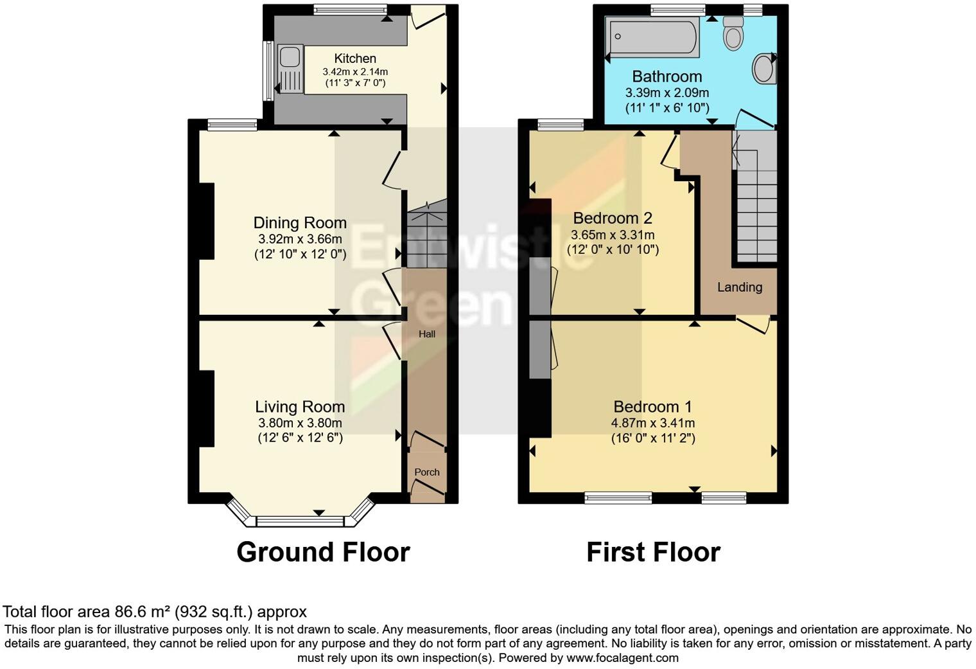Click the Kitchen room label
(x=355, y=58)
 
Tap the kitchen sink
(x=290, y=67)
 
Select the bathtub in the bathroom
(x=653, y=36)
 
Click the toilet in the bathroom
(x=733, y=32)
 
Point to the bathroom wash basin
(x=763, y=69)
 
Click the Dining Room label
(x=300, y=223)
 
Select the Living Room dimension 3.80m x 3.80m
(x=300, y=423)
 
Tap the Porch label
(x=427, y=472)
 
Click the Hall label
(x=427, y=334)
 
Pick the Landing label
(x=740, y=287)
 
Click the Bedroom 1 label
(x=652, y=407)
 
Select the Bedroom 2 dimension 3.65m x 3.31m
(x=613, y=235)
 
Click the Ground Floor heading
(x=323, y=553)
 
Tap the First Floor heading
(x=653, y=553)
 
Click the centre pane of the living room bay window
(x=301, y=521)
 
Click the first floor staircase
(x=756, y=206)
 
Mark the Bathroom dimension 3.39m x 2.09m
(x=667, y=93)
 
